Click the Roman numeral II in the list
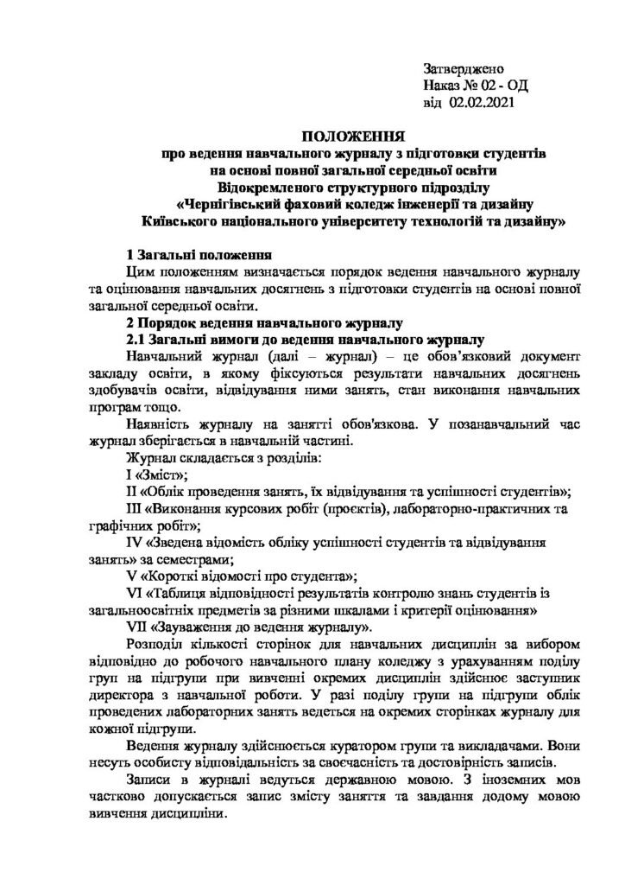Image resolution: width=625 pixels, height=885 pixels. [x=131, y=491]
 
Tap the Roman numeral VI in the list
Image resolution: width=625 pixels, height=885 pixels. [x=135, y=593]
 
